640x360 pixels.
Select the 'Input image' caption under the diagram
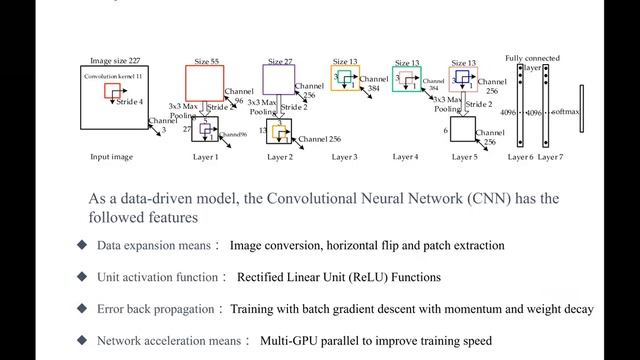[112, 157]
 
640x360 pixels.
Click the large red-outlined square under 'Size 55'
[204, 83]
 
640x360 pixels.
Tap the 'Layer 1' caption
[204, 157]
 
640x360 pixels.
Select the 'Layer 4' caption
[406, 157]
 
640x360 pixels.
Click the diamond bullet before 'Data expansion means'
[82, 245]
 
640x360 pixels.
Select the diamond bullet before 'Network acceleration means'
[82, 341]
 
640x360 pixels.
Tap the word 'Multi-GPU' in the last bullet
[289, 341]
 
